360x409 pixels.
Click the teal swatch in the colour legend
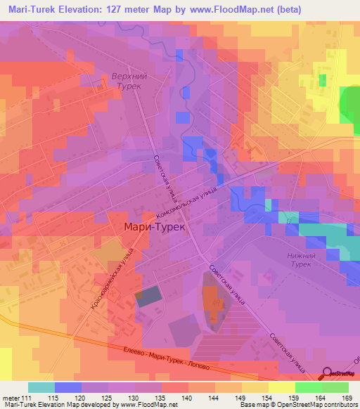point(41,387)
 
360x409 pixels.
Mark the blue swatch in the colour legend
point(67,387)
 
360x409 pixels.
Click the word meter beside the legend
point(12,397)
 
